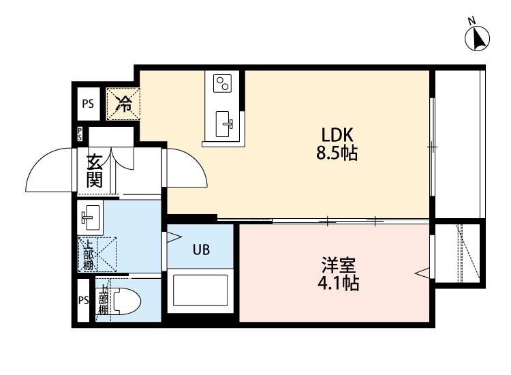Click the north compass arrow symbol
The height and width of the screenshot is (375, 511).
[x=478, y=37]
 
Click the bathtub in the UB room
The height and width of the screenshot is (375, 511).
[x=201, y=290]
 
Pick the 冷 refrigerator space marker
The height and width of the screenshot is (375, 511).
[x=124, y=104]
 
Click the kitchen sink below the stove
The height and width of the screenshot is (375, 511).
[x=225, y=123]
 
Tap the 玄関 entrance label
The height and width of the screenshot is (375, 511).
[x=94, y=171]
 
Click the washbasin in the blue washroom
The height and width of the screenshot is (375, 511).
[x=90, y=218]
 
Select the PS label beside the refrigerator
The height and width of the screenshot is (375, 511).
[x=88, y=104]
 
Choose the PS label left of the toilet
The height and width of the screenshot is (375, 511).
[x=83, y=301]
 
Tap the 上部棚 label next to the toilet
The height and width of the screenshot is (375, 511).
[x=103, y=299]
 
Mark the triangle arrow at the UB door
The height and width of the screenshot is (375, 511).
[x=172, y=238]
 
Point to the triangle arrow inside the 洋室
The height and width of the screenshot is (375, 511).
[x=422, y=274]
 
